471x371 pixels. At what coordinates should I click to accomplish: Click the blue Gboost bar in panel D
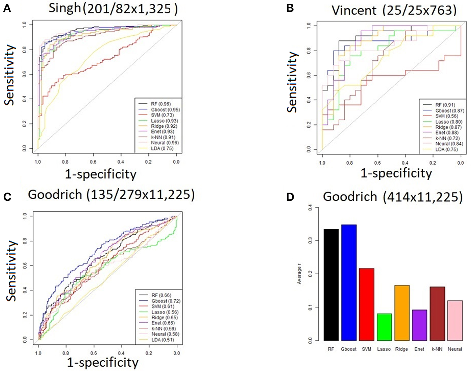[x=349, y=282]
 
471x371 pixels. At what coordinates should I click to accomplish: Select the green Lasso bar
[x=384, y=327]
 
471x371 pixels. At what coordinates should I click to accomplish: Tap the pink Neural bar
[x=455, y=320]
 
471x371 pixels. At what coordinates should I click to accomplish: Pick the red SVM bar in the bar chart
[x=366, y=304]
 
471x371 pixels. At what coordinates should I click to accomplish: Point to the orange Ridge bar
[x=402, y=313]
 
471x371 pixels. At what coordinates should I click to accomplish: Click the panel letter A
[x=7, y=8]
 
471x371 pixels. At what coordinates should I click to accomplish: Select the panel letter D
[x=290, y=197]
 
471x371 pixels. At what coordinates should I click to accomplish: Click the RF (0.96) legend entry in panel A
[x=161, y=104]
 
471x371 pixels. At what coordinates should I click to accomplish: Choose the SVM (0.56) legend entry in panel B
[x=446, y=116]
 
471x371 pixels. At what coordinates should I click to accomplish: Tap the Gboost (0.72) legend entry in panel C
[x=166, y=301]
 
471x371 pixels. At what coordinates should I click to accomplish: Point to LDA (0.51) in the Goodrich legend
[x=163, y=340]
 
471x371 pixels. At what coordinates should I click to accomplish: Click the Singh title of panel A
[x=113, y=8]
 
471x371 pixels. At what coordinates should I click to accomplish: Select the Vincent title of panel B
[x=394, y=10]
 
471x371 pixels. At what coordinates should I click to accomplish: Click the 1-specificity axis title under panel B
[x=396, y=173]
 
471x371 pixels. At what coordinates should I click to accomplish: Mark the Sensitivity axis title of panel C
[x=11, y=270]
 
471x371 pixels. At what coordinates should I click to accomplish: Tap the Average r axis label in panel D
[x=299, y=274]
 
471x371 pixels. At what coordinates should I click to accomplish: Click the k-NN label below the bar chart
[x=437, y=349]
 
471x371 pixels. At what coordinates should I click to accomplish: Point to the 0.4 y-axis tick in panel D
[x=310, y=208]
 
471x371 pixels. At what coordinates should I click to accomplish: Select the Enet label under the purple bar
[x=419, y=349]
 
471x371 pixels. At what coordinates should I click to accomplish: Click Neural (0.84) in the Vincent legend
[x=449, y=144]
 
